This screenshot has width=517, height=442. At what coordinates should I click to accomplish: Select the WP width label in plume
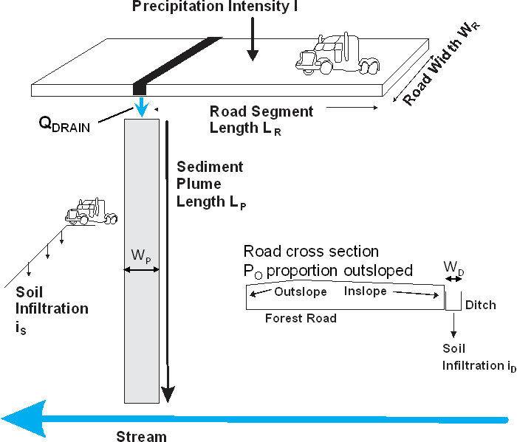click(141, 257)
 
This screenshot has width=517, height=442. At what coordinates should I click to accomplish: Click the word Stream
click(142, 435)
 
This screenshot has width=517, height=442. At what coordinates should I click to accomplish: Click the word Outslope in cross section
click(295, 292)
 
